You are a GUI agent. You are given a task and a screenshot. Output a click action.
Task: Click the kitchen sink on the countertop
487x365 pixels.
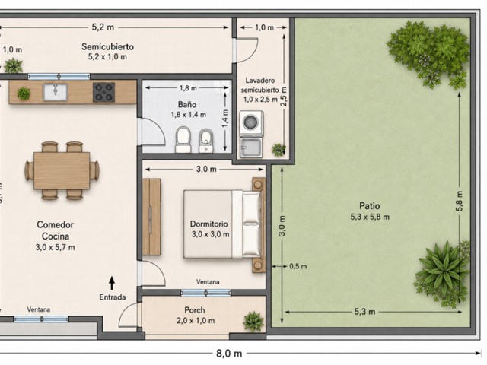pyautogui.click(x=56, y=92)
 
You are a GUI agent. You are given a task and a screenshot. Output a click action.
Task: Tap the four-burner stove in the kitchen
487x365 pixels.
pyautogui.click(x=103, y=92)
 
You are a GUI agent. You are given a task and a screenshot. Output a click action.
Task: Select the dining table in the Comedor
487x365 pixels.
pyautogui.click(x=62, y=170)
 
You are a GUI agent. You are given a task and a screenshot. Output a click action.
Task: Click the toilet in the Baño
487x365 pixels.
pyautogui.click(x=183, y=140)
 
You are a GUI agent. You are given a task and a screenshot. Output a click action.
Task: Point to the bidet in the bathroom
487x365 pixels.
pyautogui.click(x=206, y=141)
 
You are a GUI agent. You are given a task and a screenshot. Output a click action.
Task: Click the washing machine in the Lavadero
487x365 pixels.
pyautogui.click(x=251, y=123)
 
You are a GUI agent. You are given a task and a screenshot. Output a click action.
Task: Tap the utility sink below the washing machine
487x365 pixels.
pyautogui.click(x=251, y=148)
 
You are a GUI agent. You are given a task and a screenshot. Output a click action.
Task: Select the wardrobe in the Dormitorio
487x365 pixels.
pyautogui.click(x=151, y=217)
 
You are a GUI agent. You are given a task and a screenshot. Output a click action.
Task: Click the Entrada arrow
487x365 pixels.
pyautogui.click(x=112, y=284)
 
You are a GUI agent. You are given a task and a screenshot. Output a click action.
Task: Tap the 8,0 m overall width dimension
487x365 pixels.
pyautogui.click(x=229, y=353)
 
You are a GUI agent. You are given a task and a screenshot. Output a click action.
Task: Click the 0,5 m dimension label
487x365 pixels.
pyautogui.click(x=298, y=266)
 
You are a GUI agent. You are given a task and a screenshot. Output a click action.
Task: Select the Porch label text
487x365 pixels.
pyautogui.click(x=195, y=310)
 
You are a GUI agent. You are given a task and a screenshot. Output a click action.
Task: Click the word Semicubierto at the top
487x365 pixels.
pyautogui.click(x=107, y=46)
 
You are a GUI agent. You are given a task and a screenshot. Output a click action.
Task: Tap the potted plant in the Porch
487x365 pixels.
pyautogui.click(x=253, y=321)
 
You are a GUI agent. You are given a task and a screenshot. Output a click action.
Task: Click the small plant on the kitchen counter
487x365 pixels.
pyautogui.click(x=24, y=93)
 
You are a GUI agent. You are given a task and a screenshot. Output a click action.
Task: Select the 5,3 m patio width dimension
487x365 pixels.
pyautogui.click(x=364, y=312)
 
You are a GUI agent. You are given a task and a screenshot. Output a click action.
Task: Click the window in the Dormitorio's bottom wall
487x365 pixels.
pyautogui.click(x=205, y=292)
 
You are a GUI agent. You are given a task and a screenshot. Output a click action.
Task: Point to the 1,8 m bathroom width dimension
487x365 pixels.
pyautogui.click(x=188, y=88)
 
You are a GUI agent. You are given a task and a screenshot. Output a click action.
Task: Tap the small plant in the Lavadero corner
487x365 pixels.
pyautogui.click(x=279, y=150)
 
